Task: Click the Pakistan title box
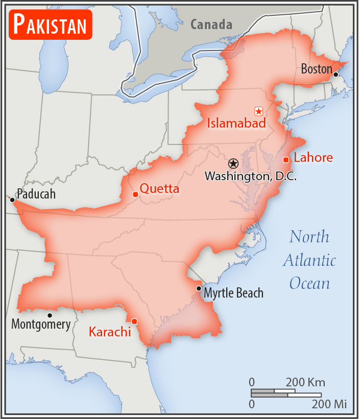pos(50,23)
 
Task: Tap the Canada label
pos(211,24)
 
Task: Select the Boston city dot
pos(335,75)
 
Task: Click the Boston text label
pos(317,69)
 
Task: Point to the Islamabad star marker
pos(258,111)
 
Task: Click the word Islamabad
pos(236,123)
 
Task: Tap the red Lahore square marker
pos(286,160)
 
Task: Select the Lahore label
pos(313,158)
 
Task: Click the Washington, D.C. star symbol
pos(233,163)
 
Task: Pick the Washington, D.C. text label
pos(251,176)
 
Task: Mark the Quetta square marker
pos(135,194)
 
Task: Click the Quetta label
pos(159,189)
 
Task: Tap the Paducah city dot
pos(12,200)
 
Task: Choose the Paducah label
pos(36,194)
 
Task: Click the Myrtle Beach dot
pos(198,288)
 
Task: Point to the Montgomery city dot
pos(50,315)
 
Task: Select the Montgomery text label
pos(41,324)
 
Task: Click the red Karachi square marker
pos(134,321)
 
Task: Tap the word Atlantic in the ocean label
pos(309,260)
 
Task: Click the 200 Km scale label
pos(305,382)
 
